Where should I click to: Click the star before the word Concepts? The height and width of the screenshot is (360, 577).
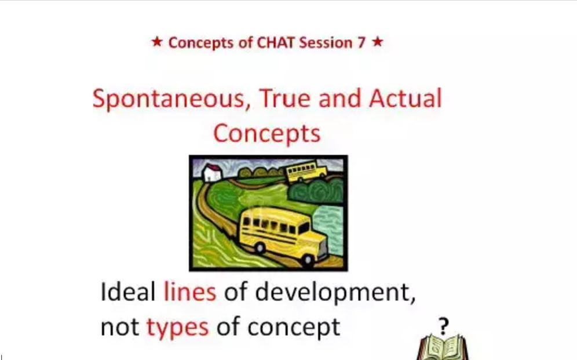[157, 42]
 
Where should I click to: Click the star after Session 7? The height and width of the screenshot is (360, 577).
[377, 42]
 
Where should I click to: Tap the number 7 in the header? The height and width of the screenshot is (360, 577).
[360, 43]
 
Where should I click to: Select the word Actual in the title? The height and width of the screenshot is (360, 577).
[405, 99]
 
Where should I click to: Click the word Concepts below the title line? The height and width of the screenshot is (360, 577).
[267, 133]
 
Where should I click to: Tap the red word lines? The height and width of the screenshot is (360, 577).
[189, 292]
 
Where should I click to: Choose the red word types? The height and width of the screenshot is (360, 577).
[178, 327]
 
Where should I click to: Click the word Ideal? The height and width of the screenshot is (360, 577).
[127, 292]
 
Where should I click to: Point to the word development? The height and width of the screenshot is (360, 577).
[335, 292]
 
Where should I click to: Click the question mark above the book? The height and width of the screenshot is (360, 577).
[444, 326]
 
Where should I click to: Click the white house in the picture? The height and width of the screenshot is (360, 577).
[211, 172]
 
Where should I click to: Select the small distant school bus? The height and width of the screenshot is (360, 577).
[306, 172]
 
